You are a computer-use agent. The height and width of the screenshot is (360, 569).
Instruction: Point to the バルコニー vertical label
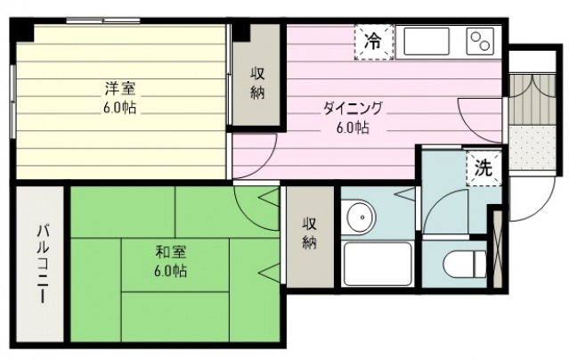pyautogui.click(x=41, y=264)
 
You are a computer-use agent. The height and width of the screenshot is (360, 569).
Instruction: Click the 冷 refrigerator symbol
pyautogui.click(x=373, y=40)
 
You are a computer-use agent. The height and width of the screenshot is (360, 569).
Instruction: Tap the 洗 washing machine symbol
pyautogui.click(x=482, y=168)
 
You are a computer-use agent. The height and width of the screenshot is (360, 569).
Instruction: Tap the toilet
pyautogui.click(x=467, y=262)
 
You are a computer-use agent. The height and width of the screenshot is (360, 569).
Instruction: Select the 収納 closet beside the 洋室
pyautogui.click(x=256, y=86)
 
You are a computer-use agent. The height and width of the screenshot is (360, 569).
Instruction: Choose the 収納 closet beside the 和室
pyautogui.click(x=309, y=233)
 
